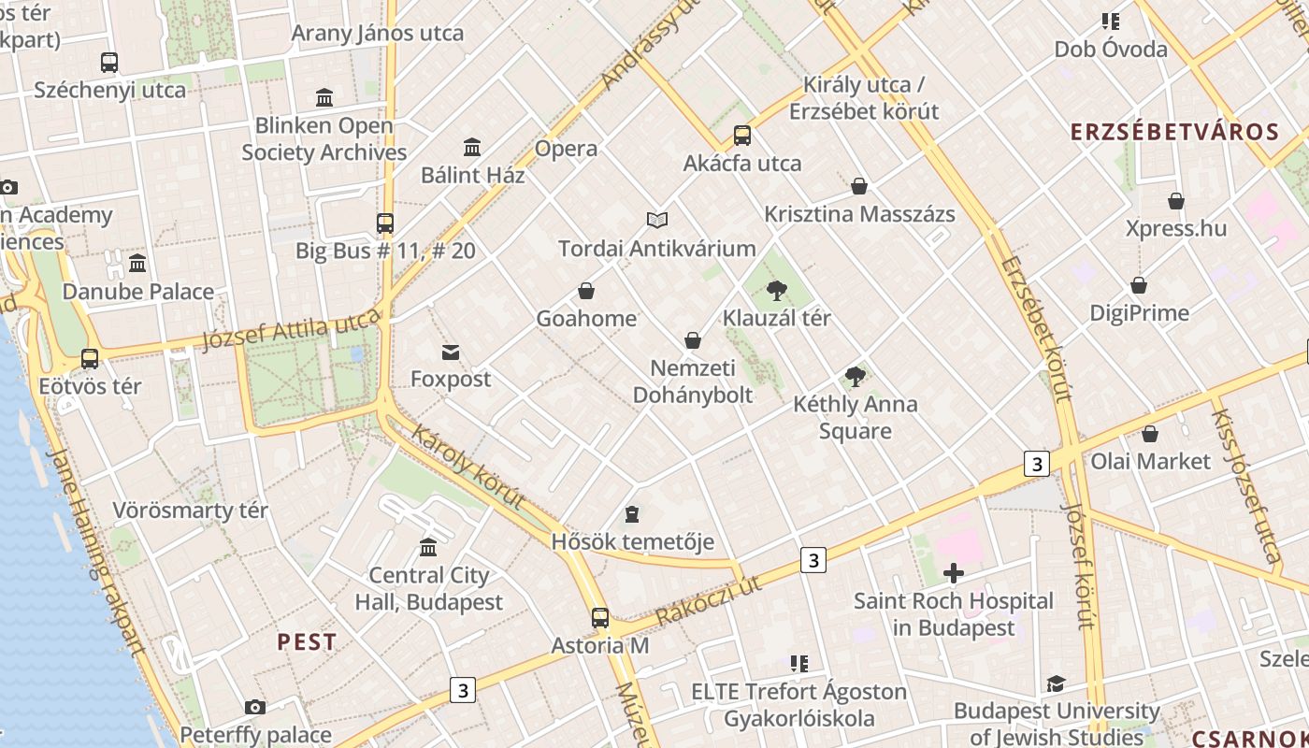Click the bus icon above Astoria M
600,618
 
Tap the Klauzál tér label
776,318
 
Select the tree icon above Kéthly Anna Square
855,377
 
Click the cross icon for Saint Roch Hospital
954,573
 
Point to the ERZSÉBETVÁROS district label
1174,132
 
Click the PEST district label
307,642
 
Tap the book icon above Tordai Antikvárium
657,220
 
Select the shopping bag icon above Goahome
586,291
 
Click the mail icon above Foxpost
451,352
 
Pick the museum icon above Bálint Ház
472,148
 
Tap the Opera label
566,149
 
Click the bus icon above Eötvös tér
90,358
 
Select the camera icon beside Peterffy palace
254,708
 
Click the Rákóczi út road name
708,600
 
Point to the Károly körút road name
468,467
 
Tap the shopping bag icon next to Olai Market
1150,434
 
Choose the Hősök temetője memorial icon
632,514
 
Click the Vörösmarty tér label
190,511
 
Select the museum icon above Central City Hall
428,547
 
